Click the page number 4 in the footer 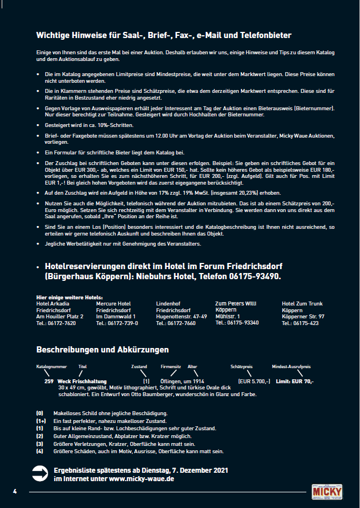click(x=16, y=491)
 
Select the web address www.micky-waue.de click(x=141, y=479)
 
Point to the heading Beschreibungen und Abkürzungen click(x=102, y=350)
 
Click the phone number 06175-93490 click(x=255, y=276)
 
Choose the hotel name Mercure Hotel click(x=113, y=303)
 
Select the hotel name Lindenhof click(x=168, y=303)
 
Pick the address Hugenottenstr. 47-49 click(x=181, y=316)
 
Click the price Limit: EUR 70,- click(x=295, y=381)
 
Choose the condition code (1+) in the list click(x=41, y=421)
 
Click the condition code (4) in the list click(x=40, y=451)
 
